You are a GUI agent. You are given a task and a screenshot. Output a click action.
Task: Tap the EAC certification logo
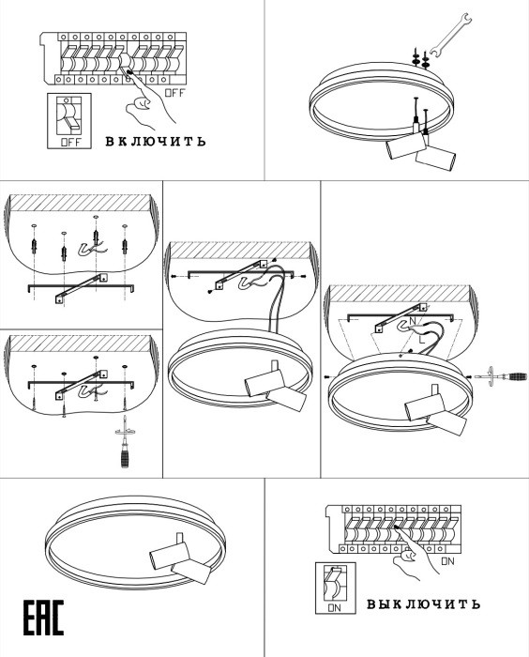tap(43, 618)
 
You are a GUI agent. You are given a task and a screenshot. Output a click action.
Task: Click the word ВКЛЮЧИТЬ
tap(156, 141)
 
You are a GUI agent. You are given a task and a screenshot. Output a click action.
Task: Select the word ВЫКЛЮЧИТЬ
tap(423, 604)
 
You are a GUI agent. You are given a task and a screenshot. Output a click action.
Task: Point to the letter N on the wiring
tap(413, 321)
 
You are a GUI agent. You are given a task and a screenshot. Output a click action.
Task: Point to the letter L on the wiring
tap(422, 340)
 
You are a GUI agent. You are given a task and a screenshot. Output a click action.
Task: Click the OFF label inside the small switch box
tap(70, 142)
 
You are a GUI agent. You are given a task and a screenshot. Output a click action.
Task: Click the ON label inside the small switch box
tap(335, 607)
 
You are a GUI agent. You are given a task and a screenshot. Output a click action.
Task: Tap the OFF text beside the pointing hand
tap(174, 93)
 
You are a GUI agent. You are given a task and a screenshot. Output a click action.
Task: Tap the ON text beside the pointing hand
tap(447, 561)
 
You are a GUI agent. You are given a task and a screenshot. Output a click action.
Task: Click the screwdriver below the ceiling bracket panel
tap(125, 441)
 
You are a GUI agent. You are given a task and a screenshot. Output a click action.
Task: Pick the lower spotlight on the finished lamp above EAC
tap(191, 571)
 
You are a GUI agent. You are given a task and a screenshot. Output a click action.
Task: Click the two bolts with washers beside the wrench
tap(420, 58)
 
